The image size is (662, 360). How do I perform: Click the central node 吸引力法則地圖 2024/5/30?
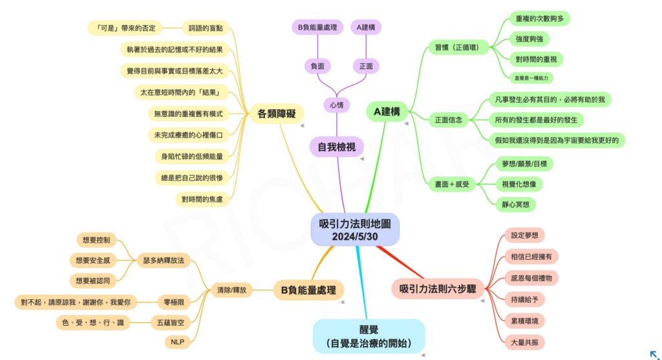[x=355, y=229]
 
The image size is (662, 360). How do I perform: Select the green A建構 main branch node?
[x=387, y=111]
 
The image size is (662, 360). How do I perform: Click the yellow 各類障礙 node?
[x=276, y=114]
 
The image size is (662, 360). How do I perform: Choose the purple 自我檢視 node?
[x=336, y=147]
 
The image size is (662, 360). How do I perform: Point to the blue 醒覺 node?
[x=368, y=335]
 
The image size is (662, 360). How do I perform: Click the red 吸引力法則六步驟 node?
[x=437, y=288]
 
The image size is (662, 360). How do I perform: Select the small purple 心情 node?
[x=336, y=104]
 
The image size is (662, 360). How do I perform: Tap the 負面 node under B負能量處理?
[x=317, y=65]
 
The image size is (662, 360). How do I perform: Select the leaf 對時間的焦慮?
[x=201, y=199]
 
